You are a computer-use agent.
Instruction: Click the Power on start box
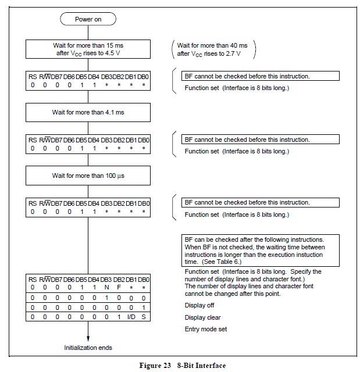[x=88, y=19]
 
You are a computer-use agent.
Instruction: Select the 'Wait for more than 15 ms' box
[x=88, y=48]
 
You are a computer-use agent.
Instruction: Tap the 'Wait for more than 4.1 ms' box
[x=88, y=112]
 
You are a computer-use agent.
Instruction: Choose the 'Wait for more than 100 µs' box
[x=88, y=176]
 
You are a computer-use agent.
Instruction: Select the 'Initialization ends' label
[x=88, y=348]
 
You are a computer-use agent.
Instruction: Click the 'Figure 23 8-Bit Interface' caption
[x=182, y=365]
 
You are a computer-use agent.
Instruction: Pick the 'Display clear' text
[x=202, y=317]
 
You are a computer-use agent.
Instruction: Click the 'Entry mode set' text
[x=205, y=329]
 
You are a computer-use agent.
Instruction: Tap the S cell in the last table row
[x=143, y=316]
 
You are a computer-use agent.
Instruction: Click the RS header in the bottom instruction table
[x=32, y=280]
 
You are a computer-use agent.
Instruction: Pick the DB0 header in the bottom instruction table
[x=144, y=280]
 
